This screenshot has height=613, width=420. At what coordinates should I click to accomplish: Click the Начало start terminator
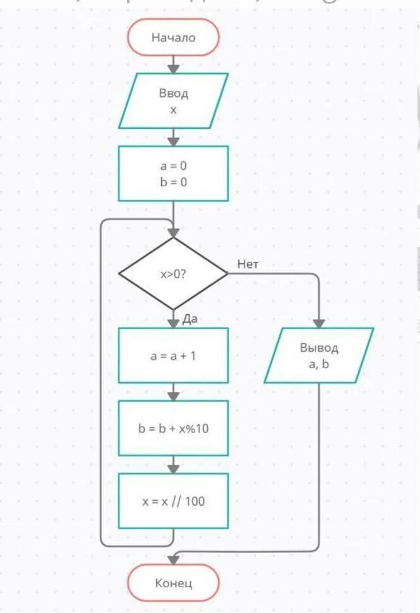(x=174, y=37)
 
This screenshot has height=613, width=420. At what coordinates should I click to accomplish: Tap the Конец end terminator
(x=174, y=583)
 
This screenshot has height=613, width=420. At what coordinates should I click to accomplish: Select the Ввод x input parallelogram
(x=174, y=101)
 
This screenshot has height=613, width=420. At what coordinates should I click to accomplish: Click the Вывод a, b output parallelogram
(x=319, y=355)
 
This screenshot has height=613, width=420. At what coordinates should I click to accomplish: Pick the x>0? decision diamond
(x=173, y=274)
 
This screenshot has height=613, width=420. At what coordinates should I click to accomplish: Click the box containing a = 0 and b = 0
(x=174, y=174)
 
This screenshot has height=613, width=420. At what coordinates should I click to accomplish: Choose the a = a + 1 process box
(x=174, y=355)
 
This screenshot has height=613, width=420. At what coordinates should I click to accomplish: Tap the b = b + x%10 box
(x=174, y=428)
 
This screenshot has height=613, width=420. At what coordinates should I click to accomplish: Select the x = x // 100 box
(x=174, y=501)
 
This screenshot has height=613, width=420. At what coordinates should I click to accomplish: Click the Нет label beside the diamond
(x=248, y=264)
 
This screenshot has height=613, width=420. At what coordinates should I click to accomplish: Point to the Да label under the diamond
(x=190, y=319)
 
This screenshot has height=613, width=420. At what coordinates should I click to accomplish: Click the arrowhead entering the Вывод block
(x=319, y=323)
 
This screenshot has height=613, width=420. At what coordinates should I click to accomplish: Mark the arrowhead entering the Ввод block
(x=174, y=68)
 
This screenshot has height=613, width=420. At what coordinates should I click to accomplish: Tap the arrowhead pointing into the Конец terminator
(x=174, y=559)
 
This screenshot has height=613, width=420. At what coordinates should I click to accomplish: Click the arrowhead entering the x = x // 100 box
(x=174, y=468)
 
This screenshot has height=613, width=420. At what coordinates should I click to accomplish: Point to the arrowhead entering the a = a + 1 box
(x=174, y=323)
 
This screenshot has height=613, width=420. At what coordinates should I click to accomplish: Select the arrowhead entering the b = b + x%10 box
(x=174, y=396)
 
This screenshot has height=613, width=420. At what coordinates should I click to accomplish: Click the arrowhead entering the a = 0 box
(x=174, y=141)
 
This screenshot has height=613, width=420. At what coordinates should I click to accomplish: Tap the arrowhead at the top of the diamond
(x=174, y=232)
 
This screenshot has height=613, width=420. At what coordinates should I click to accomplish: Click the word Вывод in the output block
(x=319, y=348)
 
